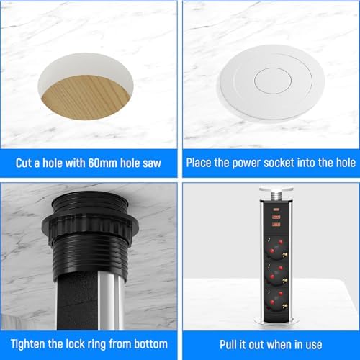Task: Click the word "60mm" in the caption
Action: tap(103, 163)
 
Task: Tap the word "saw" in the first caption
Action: tap(152, 163)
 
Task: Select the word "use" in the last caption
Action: tap(314, 346)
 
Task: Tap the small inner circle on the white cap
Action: tap(273, 81)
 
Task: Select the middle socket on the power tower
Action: tap(276, 274)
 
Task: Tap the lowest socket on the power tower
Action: tap(276, 300)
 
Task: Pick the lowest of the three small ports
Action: tap(276, 225)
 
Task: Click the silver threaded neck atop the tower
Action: tap(276, 196)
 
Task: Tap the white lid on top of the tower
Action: tap(276, 189)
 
